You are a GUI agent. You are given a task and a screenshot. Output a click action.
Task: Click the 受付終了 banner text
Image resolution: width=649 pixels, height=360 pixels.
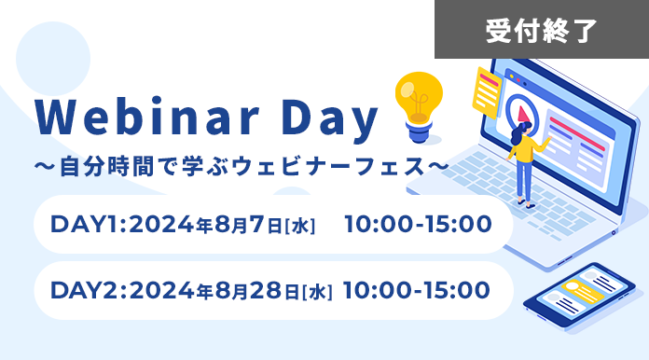(x=541, y=30)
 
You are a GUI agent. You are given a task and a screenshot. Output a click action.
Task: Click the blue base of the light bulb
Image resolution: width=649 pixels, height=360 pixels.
(x=419, y=134)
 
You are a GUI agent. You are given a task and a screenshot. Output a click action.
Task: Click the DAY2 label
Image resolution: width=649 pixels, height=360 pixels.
(x=88, y=291)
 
